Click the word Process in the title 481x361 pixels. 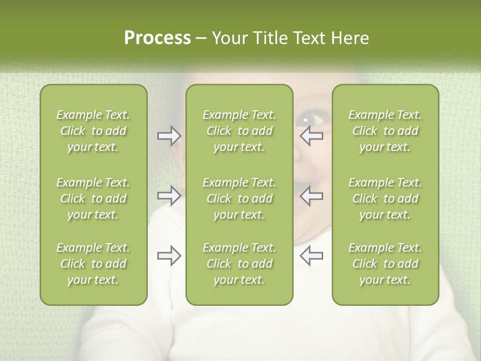tap(157, 38)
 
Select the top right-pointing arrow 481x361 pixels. tap(169, 136)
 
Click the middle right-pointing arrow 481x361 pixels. tap(169, 196)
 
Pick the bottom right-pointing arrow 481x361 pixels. tap(169, 256)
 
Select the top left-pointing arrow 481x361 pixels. tap(312, 136)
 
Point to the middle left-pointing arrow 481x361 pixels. tap(312, 196)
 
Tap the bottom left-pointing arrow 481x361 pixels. tap(312, 256)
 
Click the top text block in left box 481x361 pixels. tap(93, 131)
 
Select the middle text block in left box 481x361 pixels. tap(93, 199)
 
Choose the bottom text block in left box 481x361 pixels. tap(93, 264)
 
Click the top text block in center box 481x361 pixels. tap(239, 131)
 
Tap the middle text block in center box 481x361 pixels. tap(239, 199)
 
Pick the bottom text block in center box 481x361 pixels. tap(239, 264)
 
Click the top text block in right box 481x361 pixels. tap(385, 131)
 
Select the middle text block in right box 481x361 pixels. tap(385, 199)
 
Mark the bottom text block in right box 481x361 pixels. tap(385, 264)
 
